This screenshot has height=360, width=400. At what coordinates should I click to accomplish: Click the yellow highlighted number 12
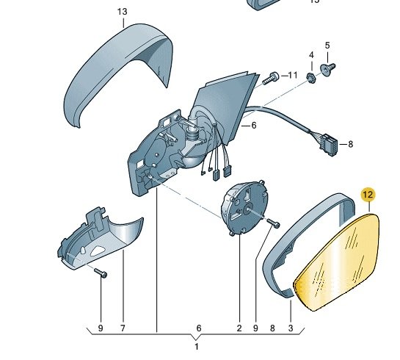(368, 195)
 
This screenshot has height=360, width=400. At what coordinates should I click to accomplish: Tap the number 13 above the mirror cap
(122, 12)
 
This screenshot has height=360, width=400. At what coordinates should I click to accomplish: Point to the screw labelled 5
(327, 69)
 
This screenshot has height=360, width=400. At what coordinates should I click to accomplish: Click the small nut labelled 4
(311, 78)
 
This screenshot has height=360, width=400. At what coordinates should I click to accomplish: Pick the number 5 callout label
(327, 46)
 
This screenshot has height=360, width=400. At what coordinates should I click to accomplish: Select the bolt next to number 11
(270, 78)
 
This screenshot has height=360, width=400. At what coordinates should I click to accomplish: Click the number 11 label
(292, 76)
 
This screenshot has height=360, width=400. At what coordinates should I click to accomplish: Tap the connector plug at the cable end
(329, 145)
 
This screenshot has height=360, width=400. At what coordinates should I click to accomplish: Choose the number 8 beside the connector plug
(351, 145)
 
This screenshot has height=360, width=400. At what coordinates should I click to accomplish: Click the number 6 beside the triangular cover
(253, 126)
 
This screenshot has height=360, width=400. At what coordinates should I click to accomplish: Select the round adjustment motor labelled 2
(244, 208)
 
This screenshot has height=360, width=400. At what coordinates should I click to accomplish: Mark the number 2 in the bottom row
(239, 328)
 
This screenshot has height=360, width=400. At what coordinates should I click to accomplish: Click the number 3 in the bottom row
(291, 328)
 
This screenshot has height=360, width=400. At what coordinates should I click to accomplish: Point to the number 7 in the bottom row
(123, 328)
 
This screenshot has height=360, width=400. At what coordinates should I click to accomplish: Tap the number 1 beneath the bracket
(197, 347)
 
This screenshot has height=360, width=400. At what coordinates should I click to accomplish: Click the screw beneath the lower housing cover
(101, 273)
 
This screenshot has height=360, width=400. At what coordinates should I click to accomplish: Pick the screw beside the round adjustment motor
(273, 223)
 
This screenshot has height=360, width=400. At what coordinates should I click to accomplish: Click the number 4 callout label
(311, 55)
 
